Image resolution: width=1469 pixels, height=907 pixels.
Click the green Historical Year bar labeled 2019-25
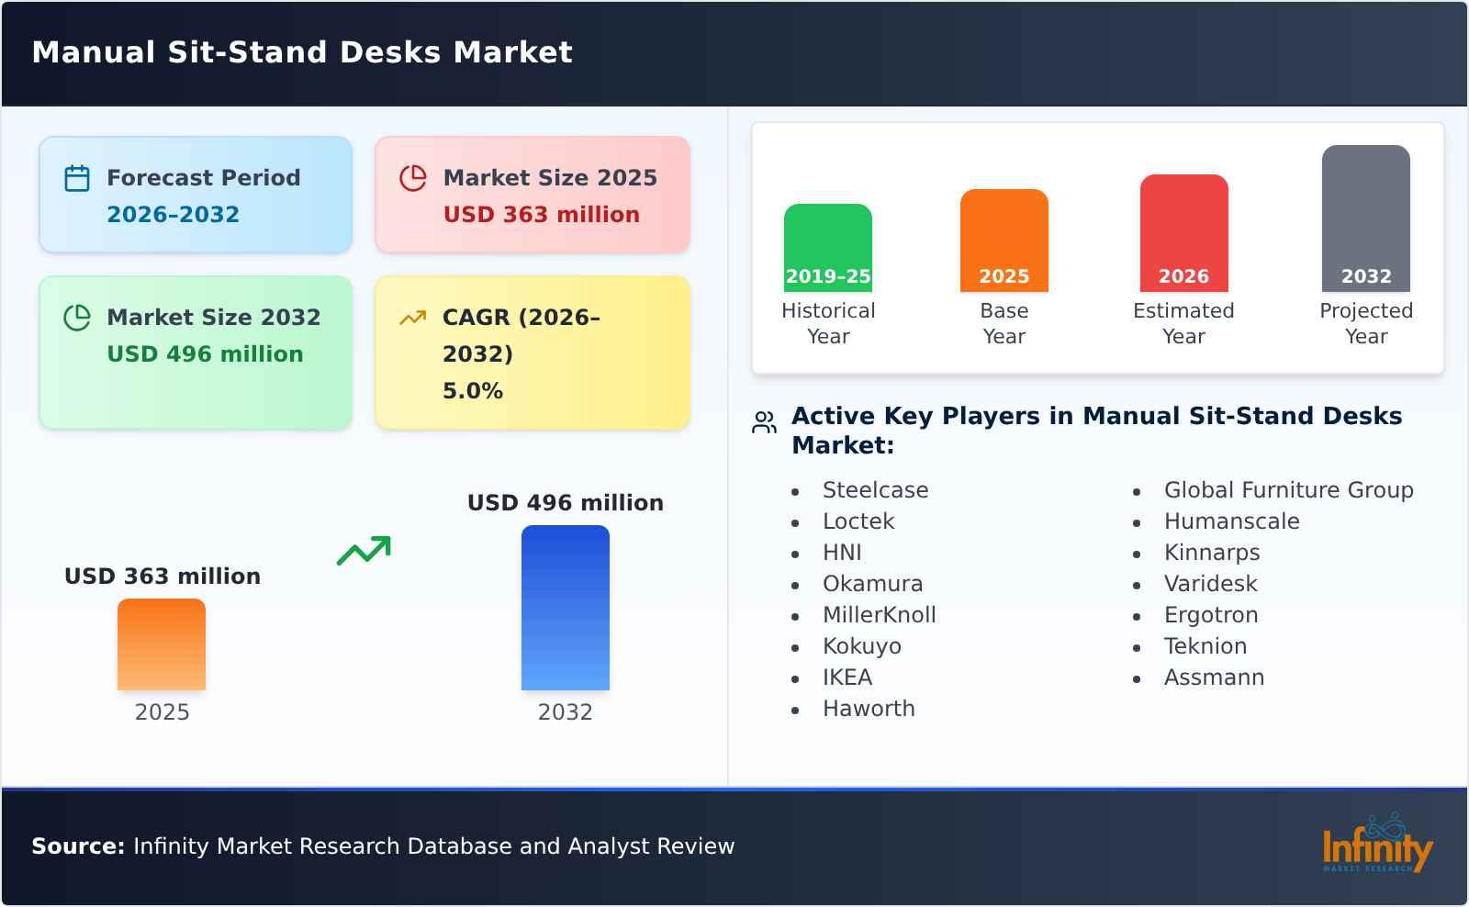(827, 247)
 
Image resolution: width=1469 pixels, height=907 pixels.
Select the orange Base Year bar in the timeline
(1004, 240)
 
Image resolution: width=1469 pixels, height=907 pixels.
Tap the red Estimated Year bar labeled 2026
(1183, 232)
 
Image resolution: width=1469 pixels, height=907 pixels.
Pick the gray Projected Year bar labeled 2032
(1365, 218)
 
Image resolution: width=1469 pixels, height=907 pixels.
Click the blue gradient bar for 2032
(565, 607)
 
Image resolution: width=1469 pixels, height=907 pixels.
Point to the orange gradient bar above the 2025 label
(162, 644)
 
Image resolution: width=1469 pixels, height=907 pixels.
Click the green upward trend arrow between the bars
(364, 550)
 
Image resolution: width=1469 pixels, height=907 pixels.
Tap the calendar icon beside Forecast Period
(77, 178)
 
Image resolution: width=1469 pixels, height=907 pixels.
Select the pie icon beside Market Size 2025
(413, 178)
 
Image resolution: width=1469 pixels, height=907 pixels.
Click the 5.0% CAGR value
(472, 391)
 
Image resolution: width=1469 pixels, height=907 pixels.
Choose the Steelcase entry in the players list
(875, 490)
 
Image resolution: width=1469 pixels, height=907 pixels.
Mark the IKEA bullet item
(847, 677)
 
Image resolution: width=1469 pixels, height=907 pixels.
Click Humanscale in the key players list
(1231, 521)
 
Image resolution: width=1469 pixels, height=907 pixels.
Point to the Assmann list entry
(1214, 677)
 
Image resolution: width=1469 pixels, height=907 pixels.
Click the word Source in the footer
(77, 846)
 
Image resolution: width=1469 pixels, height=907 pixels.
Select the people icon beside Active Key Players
(764, 422)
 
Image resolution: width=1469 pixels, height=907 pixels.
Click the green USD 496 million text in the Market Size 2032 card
(205, 354)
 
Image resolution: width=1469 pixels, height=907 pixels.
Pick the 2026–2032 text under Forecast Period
(173, 215)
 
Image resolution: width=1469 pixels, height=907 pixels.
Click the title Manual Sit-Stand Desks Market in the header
(302, 52)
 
